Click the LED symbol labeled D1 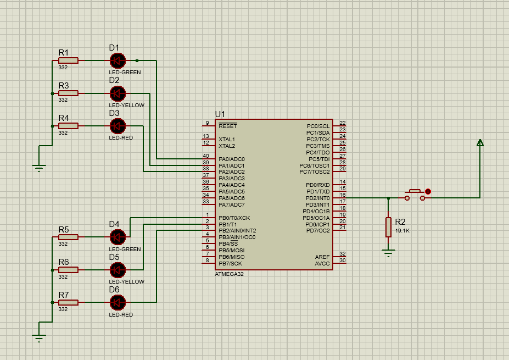(118, 60)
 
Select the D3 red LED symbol (118, 126)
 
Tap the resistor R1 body (69, 60)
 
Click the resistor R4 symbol (69, 126)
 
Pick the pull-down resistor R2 (388, 226)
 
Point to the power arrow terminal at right (480, 143)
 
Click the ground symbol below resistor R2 (388, 253)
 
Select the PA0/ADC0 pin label (231, 159)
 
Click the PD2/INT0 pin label (317, 198)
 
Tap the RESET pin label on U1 (228, 126)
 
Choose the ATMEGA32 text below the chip (229, 274)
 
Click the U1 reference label (220, 114)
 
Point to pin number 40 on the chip (206, 156)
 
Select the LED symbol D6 (118, 302)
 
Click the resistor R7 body (69, 302)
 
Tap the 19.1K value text (402, 231)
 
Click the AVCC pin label (322, 263)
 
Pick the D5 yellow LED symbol (118, 270)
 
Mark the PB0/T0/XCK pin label (234, 218)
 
